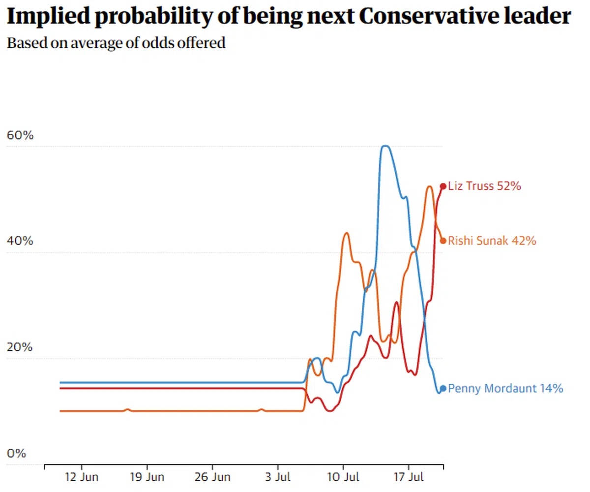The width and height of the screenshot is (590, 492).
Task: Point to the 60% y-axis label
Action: point(20,135)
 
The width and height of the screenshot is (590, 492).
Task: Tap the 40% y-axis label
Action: point(20,242)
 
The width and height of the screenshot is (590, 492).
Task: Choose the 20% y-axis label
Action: point(20,347)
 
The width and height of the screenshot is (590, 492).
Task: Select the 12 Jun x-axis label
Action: point(82,477)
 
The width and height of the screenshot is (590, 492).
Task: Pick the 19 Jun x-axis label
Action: point(147,477)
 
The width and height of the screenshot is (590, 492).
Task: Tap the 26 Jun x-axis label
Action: point(212,477)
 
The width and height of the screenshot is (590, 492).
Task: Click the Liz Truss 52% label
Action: point(484,186)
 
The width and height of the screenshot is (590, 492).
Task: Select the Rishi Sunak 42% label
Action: point(492,241)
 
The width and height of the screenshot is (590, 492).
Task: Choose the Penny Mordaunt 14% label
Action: point(506,389)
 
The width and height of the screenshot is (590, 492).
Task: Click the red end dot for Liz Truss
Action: point(443,186)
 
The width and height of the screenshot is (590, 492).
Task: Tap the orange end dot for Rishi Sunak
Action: point(443,241)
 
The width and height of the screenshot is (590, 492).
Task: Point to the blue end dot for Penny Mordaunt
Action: point(443,389)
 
